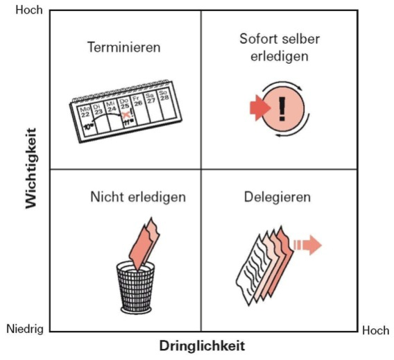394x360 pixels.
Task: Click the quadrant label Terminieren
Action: tap(124, 47)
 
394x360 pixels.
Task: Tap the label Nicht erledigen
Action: tap(138, 197)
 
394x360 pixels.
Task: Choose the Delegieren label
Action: tap(277, 197)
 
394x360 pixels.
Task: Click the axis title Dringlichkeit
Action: tap(202, 345)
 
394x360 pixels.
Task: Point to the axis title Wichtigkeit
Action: tap(31, 169)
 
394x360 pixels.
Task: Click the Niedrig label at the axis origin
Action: tap(25, 329)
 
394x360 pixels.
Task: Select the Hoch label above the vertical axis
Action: tap(29, 10)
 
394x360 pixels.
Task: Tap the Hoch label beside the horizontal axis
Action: tap(376, 330)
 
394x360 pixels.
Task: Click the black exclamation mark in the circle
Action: tap(282, 109)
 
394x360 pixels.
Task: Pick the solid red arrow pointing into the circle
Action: tap(260, 108)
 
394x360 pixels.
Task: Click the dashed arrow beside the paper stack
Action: tap(308, 245)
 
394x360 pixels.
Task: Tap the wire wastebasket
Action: tap(136, 288)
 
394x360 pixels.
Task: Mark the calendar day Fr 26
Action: tap(137, 101)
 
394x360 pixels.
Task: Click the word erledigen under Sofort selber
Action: tap(279, 56)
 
